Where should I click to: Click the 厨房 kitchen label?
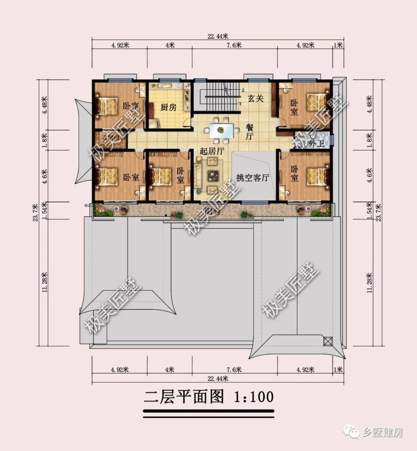pyautogui.click(x=168, y=107)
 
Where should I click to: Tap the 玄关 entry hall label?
pyautogui.click(x=255, y=99)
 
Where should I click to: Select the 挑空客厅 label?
pyautogui.click(x=253, y=178)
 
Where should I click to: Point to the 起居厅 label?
pyautogui.click(x=212, y=151)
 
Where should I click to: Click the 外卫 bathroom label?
pyautogui.click(x=316, y=143)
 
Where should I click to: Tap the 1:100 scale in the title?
pyautogui.click(x=254, y=397)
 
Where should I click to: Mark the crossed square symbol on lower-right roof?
pyautogui.click(x=327, y=341)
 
